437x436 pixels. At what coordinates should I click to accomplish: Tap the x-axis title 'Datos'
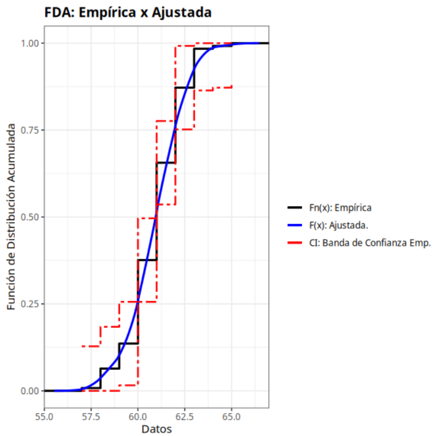click(x=157, y=429)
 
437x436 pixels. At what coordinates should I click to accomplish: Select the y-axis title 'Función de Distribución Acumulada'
click(x=11, y=217)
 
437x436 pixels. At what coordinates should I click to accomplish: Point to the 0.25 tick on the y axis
click(x=31, y=304)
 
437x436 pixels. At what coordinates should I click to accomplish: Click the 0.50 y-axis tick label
click(x=31, y=217)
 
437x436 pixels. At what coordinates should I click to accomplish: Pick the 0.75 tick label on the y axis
click(x=31, y=130)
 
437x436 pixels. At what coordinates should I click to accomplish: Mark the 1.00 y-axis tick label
click(x=31, y=43)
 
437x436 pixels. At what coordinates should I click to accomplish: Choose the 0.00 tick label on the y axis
click(x=31, y=391)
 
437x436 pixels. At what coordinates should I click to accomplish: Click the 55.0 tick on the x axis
click(x=44, y=416)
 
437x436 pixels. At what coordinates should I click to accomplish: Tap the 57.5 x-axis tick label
click(x=91, y=416)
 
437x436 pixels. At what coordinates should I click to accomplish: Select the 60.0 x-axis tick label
click(x=138, y=416)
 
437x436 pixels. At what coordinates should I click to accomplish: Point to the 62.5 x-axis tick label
click(x=185, y=416)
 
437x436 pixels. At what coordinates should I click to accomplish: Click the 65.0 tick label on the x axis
click(x=232, y=416)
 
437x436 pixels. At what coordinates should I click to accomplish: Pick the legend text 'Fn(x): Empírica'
click(x=340, y=207)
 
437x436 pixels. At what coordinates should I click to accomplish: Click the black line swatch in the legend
click(x=295, y=207)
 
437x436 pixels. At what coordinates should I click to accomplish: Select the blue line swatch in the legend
click(x=295, y=225)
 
